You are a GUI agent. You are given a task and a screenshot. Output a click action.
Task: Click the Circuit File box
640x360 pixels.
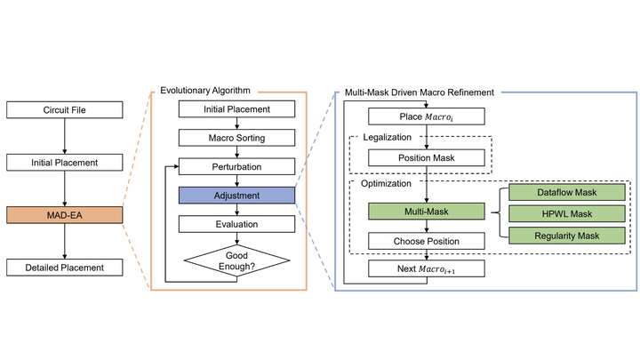(x=64, y=110)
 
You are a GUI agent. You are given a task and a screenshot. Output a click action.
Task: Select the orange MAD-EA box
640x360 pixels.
(x=64, y=214)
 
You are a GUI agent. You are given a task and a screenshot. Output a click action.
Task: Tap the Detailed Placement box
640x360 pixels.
(x=64, y=267)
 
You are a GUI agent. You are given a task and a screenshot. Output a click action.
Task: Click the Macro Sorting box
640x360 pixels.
(x=236, y=138)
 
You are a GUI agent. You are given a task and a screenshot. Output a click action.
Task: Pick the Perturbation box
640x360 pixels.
(x=236, y=166)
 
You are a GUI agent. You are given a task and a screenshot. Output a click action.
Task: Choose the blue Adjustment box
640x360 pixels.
(x=236, y=195)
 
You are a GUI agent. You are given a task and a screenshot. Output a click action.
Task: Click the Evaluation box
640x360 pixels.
(x=236, y=225)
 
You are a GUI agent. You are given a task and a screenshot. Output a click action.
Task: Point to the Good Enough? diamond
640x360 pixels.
(x=236, y=260)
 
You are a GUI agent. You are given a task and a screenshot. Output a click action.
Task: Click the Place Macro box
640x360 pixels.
(x=428, y=116)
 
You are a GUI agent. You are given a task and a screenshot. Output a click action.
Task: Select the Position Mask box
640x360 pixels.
(x=428, y=157)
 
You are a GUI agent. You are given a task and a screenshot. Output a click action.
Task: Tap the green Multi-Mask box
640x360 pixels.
(x=428, y=213)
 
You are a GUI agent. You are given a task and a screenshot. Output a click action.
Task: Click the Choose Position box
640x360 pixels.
(x=428, y=241)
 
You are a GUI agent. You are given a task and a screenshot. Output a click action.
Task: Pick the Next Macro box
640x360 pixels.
(x=428, y=269)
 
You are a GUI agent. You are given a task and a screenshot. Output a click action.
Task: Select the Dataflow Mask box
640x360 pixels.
(x=567, y=192)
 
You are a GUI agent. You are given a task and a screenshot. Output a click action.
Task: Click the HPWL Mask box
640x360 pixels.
(x=567, y=213)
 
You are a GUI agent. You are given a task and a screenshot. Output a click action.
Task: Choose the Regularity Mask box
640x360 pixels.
(x=567, y=235)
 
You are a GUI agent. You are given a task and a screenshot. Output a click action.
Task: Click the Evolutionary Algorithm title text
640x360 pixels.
(x=205, y=91)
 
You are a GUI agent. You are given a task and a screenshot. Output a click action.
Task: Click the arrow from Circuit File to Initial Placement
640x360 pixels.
(x=64, y=136)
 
